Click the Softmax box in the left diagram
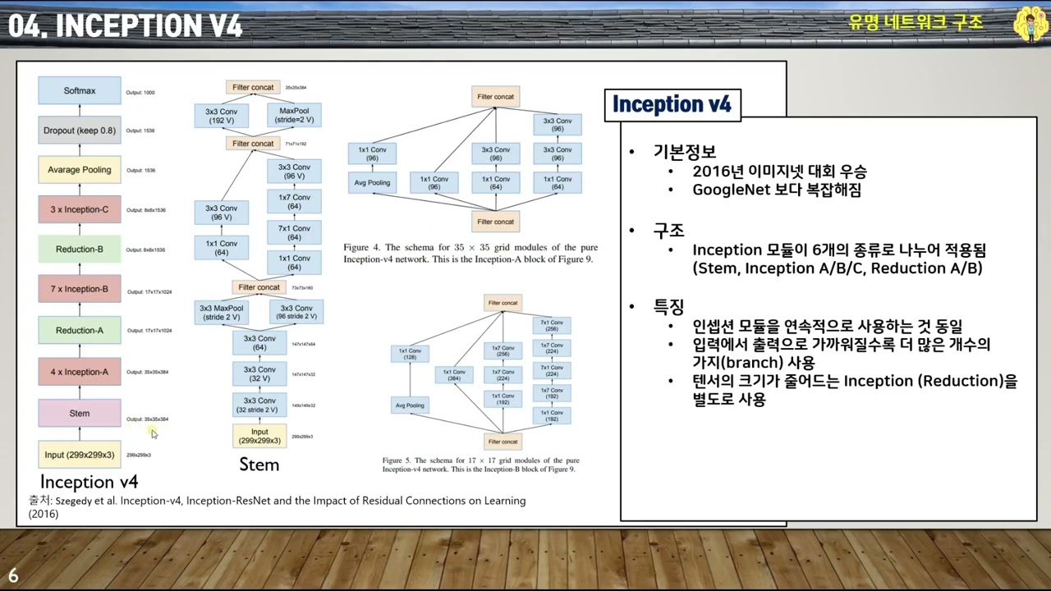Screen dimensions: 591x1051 (80, 90)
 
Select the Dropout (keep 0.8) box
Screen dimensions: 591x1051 (80, 130)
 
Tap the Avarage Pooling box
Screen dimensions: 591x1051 (80, 170)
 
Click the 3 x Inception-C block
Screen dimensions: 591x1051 (80, 209)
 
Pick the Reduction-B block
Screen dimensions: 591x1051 (80, 249)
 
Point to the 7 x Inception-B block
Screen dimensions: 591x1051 (80, 289)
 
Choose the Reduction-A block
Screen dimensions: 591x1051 (80, 330)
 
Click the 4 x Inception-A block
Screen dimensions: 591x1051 (80, 372)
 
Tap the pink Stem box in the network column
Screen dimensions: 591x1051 (80, 413)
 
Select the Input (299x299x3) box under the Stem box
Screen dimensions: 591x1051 (80, 454)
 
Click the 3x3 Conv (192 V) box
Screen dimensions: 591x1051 (221, 115)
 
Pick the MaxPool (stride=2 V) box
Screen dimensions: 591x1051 (294, 115)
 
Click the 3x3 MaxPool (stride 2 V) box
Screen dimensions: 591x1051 (223, 312)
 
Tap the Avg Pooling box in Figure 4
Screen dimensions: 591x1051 (372, 182)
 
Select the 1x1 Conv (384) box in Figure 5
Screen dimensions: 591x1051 (453, 374)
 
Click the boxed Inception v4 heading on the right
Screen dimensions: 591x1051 (672, 104)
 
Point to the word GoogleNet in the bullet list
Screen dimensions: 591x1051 (729, 190)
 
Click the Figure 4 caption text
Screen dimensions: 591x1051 (470, 253)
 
